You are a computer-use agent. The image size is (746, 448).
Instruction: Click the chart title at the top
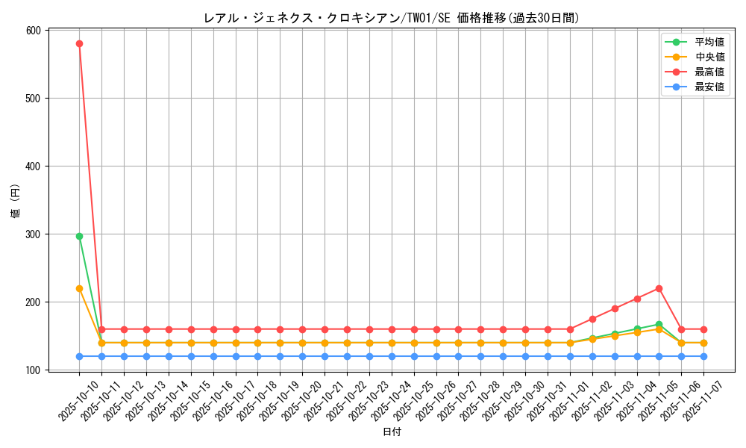pos(391,18)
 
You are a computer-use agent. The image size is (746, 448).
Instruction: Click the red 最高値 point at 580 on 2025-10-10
pos(79,43)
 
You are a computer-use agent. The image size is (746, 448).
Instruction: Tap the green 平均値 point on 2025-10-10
pos(79,236)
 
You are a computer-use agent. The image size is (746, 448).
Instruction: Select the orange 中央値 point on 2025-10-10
pos(79,288)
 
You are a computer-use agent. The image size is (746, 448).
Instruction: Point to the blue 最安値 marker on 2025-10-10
pos(79,356)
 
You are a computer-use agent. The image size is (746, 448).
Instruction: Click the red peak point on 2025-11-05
pos(659,288)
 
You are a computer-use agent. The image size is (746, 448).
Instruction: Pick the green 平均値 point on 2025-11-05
pos(659,325)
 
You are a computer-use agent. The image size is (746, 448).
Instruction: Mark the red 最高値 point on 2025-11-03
pos(615,308)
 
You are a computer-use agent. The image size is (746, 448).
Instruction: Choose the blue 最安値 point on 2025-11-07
pos(703,356)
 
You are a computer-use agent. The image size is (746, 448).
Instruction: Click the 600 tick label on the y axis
pos(33,31)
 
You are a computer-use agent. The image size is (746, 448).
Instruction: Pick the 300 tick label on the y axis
pos(33,234)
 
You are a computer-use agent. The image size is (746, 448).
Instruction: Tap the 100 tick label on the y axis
pos(33,370)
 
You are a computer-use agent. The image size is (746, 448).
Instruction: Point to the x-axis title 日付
pos(392,432)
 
